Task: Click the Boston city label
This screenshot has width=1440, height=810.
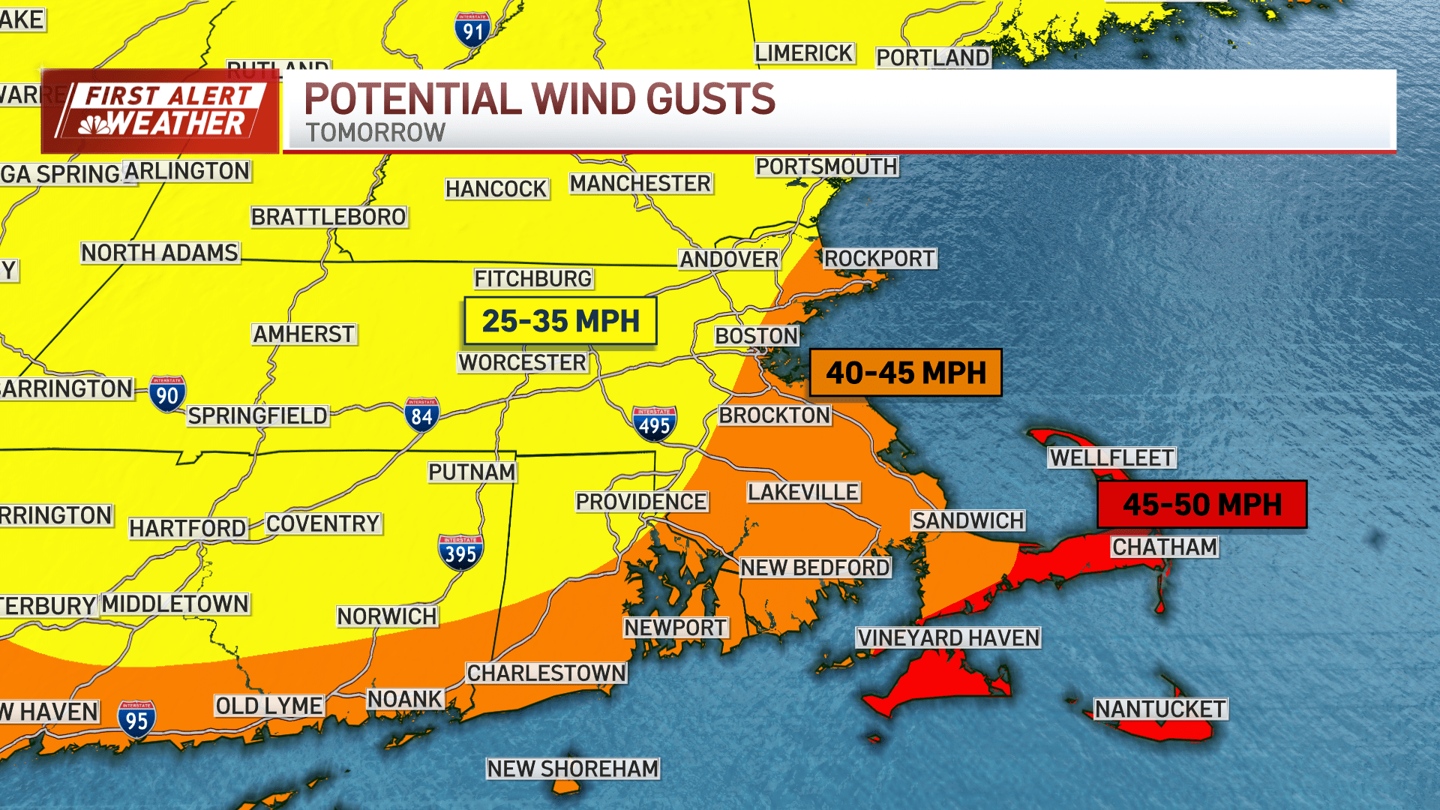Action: [756, 336]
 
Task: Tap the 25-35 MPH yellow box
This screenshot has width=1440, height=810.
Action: [560, 321]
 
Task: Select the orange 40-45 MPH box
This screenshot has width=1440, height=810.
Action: [905, 373]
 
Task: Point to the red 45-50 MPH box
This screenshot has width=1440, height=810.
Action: [1201, 505]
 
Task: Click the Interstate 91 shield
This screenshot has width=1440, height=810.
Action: [472, 30]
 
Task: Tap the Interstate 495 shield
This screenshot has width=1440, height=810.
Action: [654, 424]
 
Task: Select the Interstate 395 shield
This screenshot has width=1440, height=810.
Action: [460, 553]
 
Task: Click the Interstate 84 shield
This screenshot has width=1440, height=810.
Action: [421, 415]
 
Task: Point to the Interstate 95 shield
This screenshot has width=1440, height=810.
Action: [136, 719]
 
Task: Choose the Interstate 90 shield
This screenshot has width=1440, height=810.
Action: [167, 394]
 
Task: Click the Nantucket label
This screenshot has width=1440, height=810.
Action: [1160, 709]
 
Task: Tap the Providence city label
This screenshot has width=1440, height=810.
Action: [641, 502]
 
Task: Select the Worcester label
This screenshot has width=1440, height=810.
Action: [523, 362]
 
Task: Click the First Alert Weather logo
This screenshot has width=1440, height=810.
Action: [160, 111]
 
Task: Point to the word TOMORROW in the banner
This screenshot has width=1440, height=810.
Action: [375, 133]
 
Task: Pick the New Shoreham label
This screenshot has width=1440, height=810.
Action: [573, 769]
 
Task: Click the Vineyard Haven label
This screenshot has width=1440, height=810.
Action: [949, 638]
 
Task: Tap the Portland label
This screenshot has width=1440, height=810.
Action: [933, 58]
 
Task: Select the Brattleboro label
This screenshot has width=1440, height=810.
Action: [328, 217]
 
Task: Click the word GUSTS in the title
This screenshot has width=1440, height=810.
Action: [710, 99]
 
